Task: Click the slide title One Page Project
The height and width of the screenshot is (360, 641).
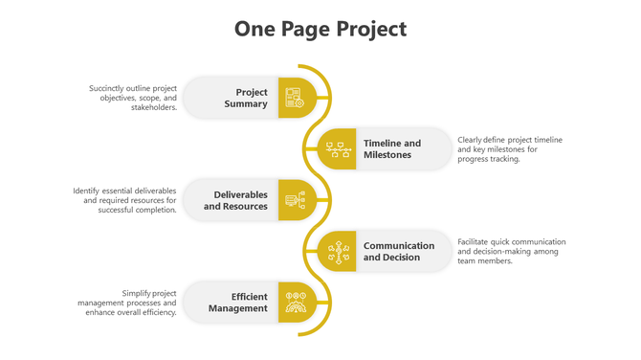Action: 320,30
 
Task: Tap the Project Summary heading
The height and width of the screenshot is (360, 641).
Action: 246,98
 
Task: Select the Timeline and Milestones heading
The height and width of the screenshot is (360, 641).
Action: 392,148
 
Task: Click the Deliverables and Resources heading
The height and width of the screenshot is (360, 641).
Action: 235,200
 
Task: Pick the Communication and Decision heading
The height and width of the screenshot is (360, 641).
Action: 398,251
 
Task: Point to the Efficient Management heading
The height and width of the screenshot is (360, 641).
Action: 238,303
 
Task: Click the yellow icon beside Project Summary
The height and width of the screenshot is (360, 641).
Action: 294,98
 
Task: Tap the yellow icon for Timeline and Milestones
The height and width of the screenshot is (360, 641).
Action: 337,148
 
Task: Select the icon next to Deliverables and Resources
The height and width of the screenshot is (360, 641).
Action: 294,200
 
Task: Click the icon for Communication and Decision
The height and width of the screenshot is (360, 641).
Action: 337,251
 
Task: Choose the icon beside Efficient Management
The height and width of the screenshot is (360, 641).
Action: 294,303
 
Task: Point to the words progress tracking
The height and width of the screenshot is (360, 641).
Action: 488,159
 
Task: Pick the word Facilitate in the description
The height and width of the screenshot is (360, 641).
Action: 475,241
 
